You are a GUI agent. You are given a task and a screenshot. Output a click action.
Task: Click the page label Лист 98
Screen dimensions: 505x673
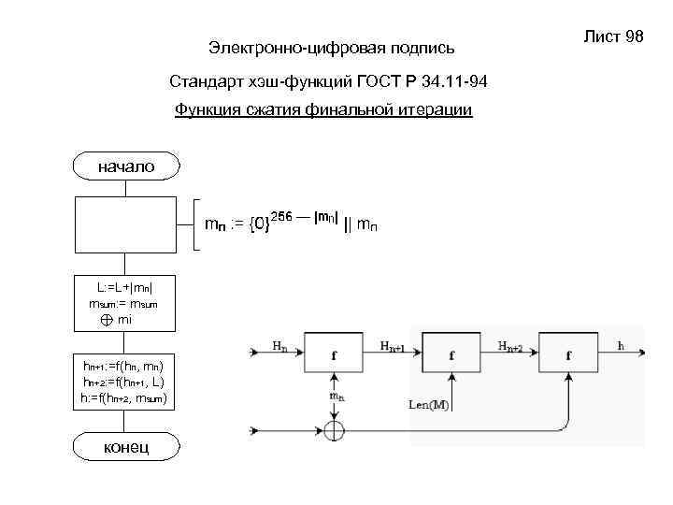coord(614,36)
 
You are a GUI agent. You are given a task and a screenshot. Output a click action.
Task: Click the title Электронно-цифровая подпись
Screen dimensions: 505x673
coord(332,46)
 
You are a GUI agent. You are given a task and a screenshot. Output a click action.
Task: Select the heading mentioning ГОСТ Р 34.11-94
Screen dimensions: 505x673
coord(329,82)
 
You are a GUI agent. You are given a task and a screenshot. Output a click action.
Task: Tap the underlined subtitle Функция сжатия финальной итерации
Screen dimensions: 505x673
coord(323,110)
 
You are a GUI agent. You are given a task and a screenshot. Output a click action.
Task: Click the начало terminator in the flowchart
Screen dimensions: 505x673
coord(125,167)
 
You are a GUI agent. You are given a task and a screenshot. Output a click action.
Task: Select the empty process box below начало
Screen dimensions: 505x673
coord(125,224)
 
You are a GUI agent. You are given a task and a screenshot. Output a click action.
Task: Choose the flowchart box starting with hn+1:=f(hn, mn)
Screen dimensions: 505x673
coord(125,381)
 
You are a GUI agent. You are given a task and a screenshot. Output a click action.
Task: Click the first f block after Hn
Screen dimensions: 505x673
coord(335,355)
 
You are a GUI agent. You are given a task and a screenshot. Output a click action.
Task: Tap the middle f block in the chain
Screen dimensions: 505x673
coord(452,355)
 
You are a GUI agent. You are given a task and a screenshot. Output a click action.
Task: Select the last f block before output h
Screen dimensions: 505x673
coord(569,355)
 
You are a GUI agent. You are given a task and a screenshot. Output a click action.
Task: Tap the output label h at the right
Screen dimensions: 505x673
coord(622,346)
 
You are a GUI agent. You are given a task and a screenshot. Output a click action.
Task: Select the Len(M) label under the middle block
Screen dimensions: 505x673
coord(429,404)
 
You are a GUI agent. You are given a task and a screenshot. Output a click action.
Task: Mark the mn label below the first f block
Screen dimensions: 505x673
coord(336,397)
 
